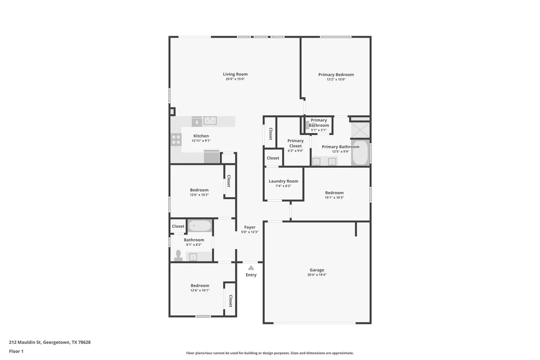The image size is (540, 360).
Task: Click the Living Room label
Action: pyautogui.click(x=235, y=74)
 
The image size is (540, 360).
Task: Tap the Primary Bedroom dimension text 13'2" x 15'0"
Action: pyautogui.click(x=336, y=80)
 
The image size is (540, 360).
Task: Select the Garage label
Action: pyautogui.click(x=317, y=270)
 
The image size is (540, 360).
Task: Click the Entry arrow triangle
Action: pyautogui.click(x=251, y=268)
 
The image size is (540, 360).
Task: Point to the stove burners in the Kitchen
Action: pyautogui.click(x=176, y=140)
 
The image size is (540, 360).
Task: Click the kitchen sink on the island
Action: pyautogui.click(x=210, y=120)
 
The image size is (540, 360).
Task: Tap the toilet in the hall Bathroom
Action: pyautogui.click(x=178, y=256)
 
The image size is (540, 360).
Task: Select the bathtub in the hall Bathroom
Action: pyautogui.click(x=200, y=226)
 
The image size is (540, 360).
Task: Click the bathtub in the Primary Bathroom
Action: pyautogui.click(x=360, y=152)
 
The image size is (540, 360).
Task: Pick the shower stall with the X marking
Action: pyautogui.click(x=360, y=130)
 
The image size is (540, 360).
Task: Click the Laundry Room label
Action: pyautogui.click(x=284, y=181)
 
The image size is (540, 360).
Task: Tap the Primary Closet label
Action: pyautogui.click(x=295, y=143)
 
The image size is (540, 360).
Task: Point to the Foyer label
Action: pyautogui.click(x=250, y=227)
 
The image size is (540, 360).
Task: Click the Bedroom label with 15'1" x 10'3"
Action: pyautogui.click(x=334, y=193)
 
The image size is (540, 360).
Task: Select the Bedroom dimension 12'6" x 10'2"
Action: pyautogui.click(x=199, y=195)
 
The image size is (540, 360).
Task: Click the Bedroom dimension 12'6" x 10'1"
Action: pyautogui.click(x=200, y=290)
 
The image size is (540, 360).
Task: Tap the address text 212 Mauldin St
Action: pyautogui.click(x=25, y=342)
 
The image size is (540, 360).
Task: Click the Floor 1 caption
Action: pyautogui.click(x=16, y=351)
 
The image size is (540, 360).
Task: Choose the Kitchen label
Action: pyautogui.click(x=201, y=136)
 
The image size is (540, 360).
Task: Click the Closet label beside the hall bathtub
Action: pyautogui.click(x=178, y=226)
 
